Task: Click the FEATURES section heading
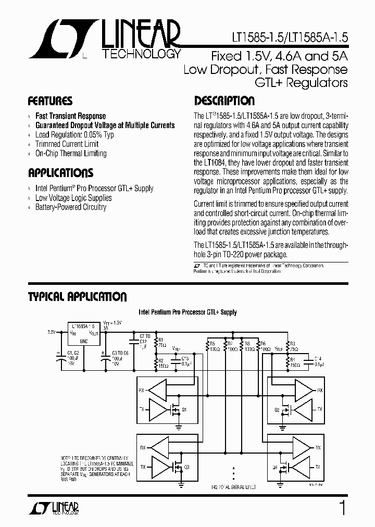[x=50, y=101]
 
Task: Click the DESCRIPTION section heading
[x=224, y=101]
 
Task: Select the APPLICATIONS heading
[x=60, y=173]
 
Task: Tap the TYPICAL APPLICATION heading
[x=77, y=297]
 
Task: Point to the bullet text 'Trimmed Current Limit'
[x=67, y=144]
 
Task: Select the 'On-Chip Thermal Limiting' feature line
[x=71, y=154]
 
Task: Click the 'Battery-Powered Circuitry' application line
[x=71, y=207]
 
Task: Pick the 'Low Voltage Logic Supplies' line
[x=73, y=198]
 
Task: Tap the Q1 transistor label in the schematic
[x=183, y=409]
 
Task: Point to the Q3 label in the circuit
[x=186, y=467]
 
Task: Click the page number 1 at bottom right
[x=342, y=508]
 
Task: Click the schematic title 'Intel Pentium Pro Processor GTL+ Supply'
[x=187, y=312]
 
